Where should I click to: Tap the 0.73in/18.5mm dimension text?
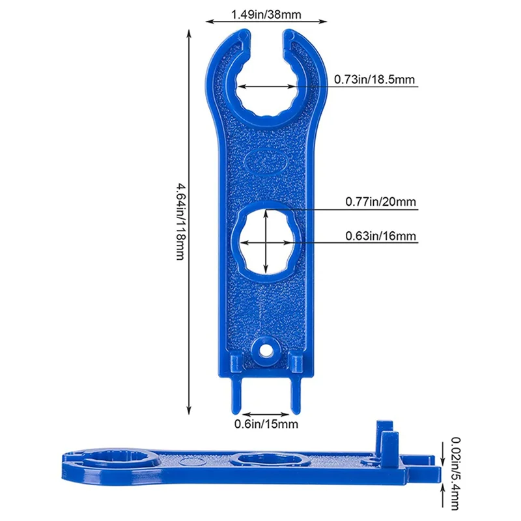374,79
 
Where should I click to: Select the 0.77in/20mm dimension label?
380,203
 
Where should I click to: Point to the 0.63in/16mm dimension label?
381,236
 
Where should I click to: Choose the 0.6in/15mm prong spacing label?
266,425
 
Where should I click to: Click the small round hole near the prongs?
265,350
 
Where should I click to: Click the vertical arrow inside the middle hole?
266,241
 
